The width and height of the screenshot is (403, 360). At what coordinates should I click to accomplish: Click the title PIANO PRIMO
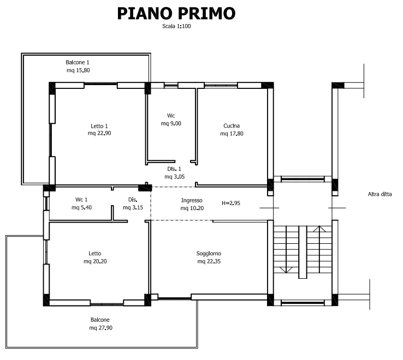pyautogui.click(x=176, y=14)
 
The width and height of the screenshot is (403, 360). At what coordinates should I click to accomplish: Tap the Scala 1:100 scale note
pyautogui.click(x=176, y=26)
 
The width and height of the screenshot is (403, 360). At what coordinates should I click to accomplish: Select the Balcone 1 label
pyautogui.click(x=78, y=62)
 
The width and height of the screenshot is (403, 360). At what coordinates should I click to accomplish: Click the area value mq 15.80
pyautogui.click(x=78, y=70)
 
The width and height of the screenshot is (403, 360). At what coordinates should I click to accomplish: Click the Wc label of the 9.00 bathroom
pyautogui.click(x=171, y=116)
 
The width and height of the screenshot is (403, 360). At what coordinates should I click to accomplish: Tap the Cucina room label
pyautogui.click(x=232, y=127)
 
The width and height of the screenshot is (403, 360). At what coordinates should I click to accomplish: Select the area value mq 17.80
pyautogui.click(x=232, y=133)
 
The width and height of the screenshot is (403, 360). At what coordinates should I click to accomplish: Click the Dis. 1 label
pyautogui.click(x=174, y=169)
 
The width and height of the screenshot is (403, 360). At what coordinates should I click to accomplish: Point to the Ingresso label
pyautogui.click(x=192, y=200)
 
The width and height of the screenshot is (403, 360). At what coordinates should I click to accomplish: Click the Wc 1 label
pyautogui.click(x=81, y=200)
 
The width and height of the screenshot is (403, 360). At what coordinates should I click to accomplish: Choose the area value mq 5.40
pyautogui.click(x=81, y=207)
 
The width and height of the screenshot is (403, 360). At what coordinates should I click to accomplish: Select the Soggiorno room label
pyautogui.click(x=209, y=254)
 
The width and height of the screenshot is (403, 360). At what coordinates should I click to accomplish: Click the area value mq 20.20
pyautogui.click(x=95, y=261)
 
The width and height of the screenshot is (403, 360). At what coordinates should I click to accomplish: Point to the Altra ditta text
pyautogui.click(x=380, y=194)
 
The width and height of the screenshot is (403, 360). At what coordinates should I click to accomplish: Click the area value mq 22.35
pyautogui.click(x=209, y=261)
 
